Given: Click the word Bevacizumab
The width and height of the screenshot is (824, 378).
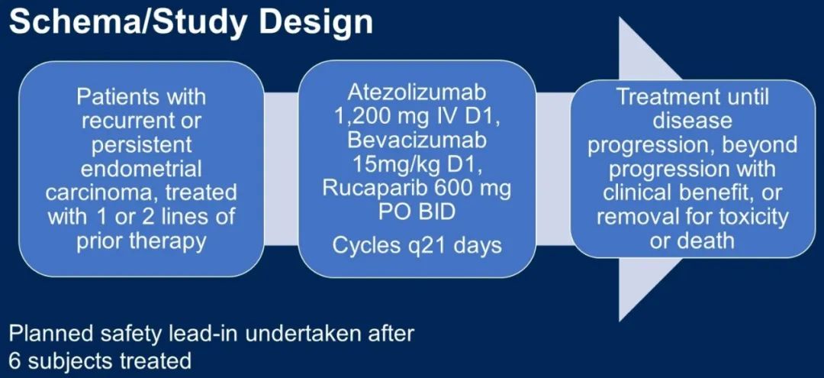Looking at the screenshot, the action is coord(417,143).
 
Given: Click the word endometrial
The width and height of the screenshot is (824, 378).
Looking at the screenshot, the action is coord(141,169).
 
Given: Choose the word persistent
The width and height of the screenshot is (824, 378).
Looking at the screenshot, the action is coord(141,145).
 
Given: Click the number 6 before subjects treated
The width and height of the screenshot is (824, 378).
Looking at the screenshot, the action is coord(14,361).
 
